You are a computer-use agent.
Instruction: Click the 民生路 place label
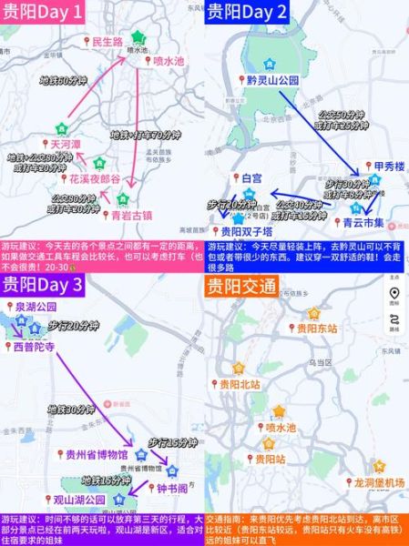coord(102,42)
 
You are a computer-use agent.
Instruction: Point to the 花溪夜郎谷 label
coord(93,180)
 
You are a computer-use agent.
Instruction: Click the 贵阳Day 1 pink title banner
coord(56,12)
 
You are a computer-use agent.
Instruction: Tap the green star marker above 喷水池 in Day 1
coord(138,37)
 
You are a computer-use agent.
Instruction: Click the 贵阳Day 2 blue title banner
coord(249,12)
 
